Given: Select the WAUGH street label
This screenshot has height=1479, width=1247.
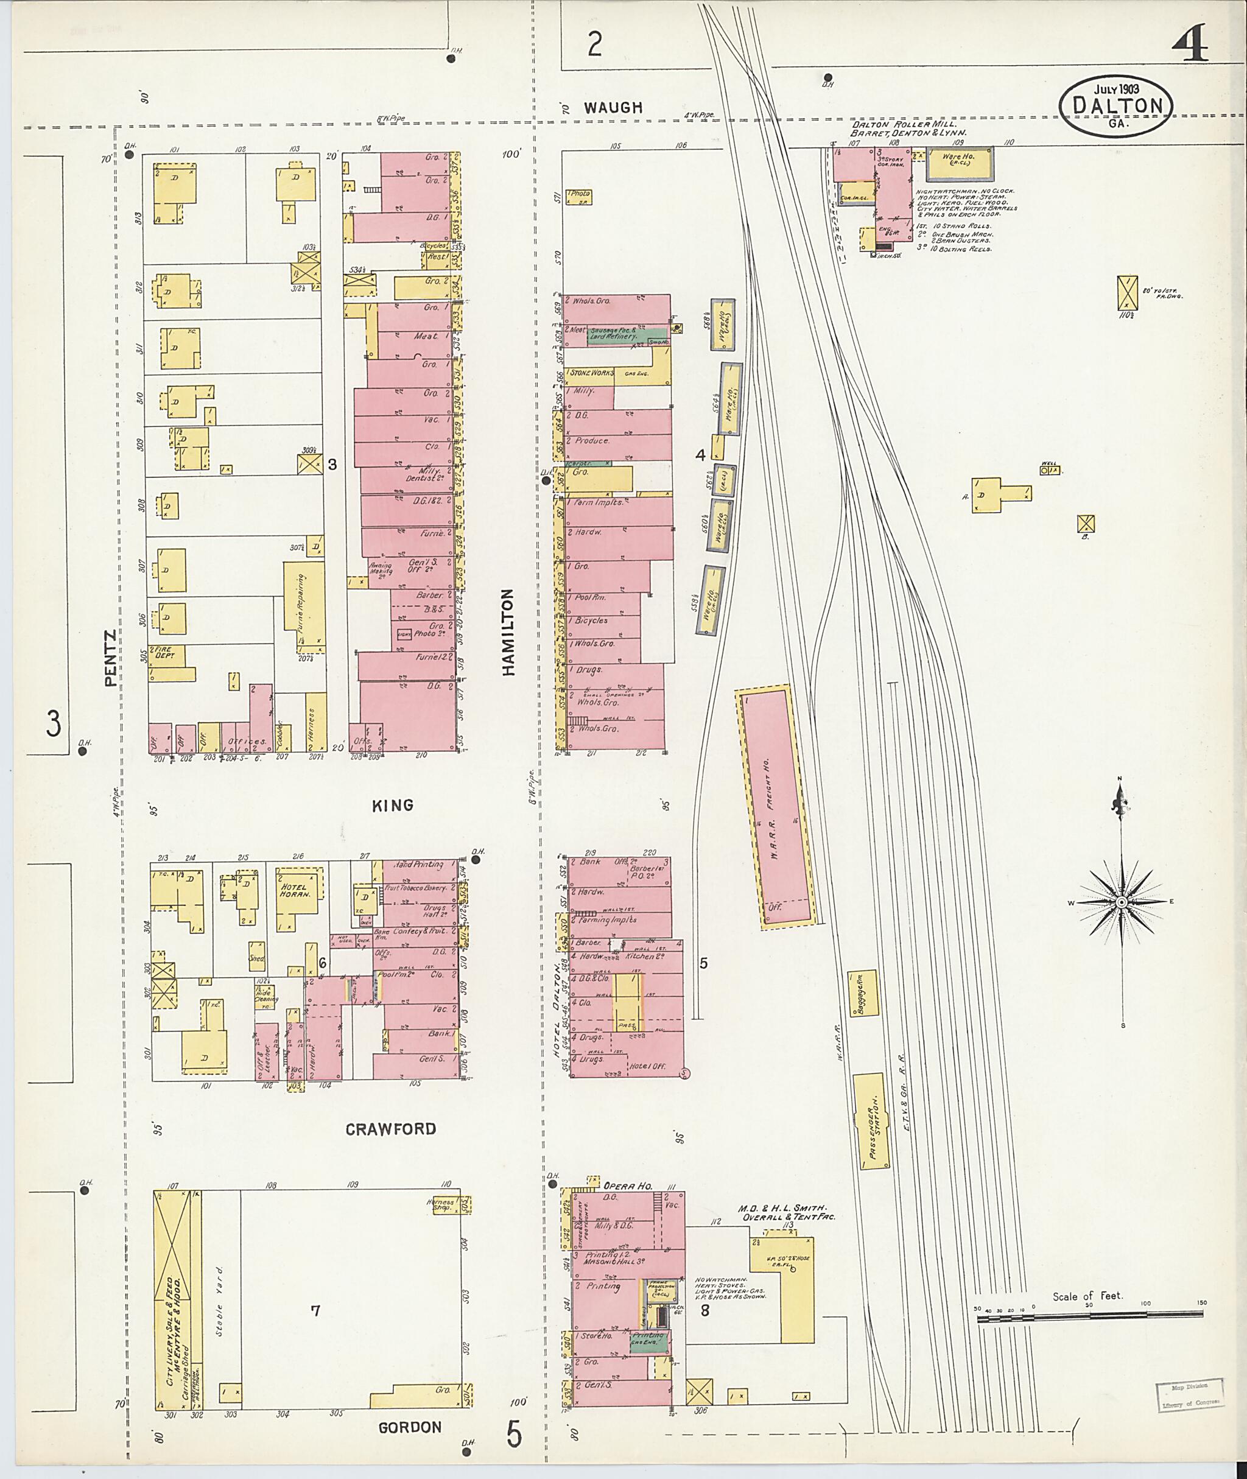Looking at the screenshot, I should tap(613, 107).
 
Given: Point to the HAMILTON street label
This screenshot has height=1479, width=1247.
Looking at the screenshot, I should tap(509, 633).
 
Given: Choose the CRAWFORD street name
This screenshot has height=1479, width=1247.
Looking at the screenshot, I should tap(391, 1129).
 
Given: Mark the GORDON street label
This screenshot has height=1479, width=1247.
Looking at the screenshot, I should tap(409, 1427).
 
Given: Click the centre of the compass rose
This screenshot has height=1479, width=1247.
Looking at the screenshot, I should tap(1122, 903).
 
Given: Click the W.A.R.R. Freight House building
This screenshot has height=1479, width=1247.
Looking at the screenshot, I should tap(776, 807).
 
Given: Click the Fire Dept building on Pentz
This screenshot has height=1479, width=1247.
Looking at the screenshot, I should tap(166, 655).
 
